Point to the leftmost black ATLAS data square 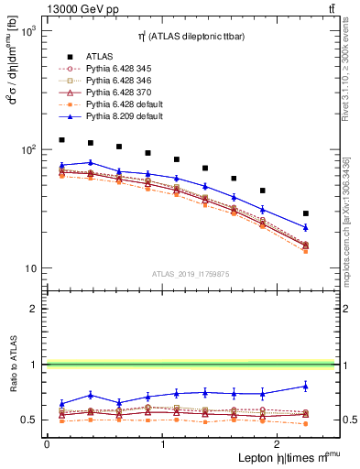61,140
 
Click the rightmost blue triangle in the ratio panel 306,386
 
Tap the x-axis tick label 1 163,443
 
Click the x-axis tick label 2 279,443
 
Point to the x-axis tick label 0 47,443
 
